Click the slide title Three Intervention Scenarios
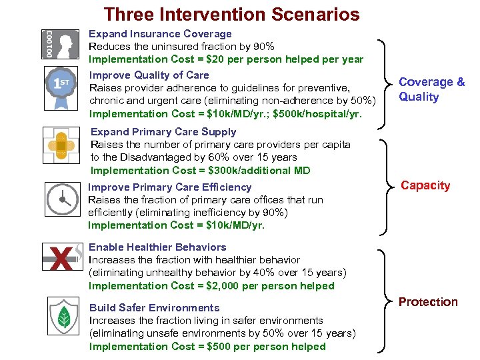click(x=231, y=14)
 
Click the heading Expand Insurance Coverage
click(x=161, y=34)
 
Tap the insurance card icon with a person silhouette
click(x=59, y=45)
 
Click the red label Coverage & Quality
click(x=431, y=89)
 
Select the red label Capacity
click(x=425, y=185)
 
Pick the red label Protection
click(x=428, y=302)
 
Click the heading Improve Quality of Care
click(x=149, y=75)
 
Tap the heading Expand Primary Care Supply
click(x=163, y=132)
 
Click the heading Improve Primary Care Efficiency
click(x=169, y=187)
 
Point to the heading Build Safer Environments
click(x=154, y=308)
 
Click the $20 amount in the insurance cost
click(x=223, y=59)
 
